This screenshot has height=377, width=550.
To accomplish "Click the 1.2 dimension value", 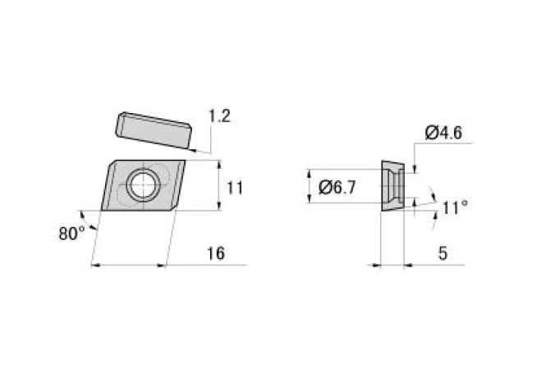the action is point(219,116).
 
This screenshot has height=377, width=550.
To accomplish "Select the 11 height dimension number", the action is point(235,188).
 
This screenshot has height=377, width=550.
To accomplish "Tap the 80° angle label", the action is point(71,233).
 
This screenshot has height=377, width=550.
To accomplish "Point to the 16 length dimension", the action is point(215,253).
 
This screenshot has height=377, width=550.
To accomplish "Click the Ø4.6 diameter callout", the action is point(443,133).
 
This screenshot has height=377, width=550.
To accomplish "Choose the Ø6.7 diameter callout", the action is point(337,188).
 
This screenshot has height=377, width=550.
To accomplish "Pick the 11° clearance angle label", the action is point(455,207).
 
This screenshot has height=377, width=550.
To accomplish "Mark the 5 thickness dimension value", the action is point(443,253).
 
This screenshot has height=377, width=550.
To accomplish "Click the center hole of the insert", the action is point(144,184).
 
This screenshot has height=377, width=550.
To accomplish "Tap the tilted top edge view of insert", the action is point(154,130).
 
